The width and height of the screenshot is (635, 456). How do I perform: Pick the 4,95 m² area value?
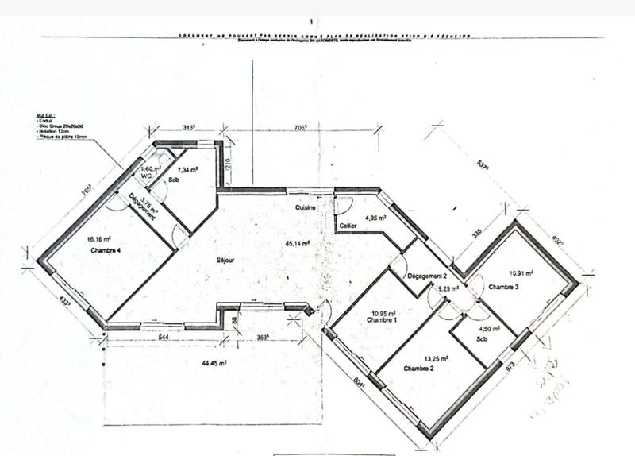click(x=375, y=217)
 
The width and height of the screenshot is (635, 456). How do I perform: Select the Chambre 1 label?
click(x=382, y=321)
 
